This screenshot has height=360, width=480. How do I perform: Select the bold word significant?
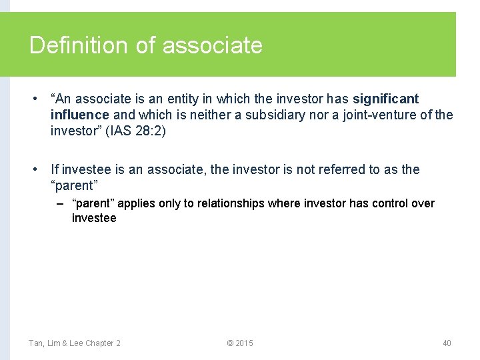point(386,99)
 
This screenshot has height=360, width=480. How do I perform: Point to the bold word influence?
point(78,115)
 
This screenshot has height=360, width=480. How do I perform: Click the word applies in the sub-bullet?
point(135,203)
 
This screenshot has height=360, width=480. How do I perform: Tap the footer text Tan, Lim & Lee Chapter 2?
point(75,343)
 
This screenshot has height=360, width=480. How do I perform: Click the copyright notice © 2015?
point(240,343)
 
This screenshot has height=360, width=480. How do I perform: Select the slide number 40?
point(447,343)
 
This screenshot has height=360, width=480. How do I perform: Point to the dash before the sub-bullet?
point(61,203)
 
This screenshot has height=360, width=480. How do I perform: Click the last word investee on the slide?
point(94,218)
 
